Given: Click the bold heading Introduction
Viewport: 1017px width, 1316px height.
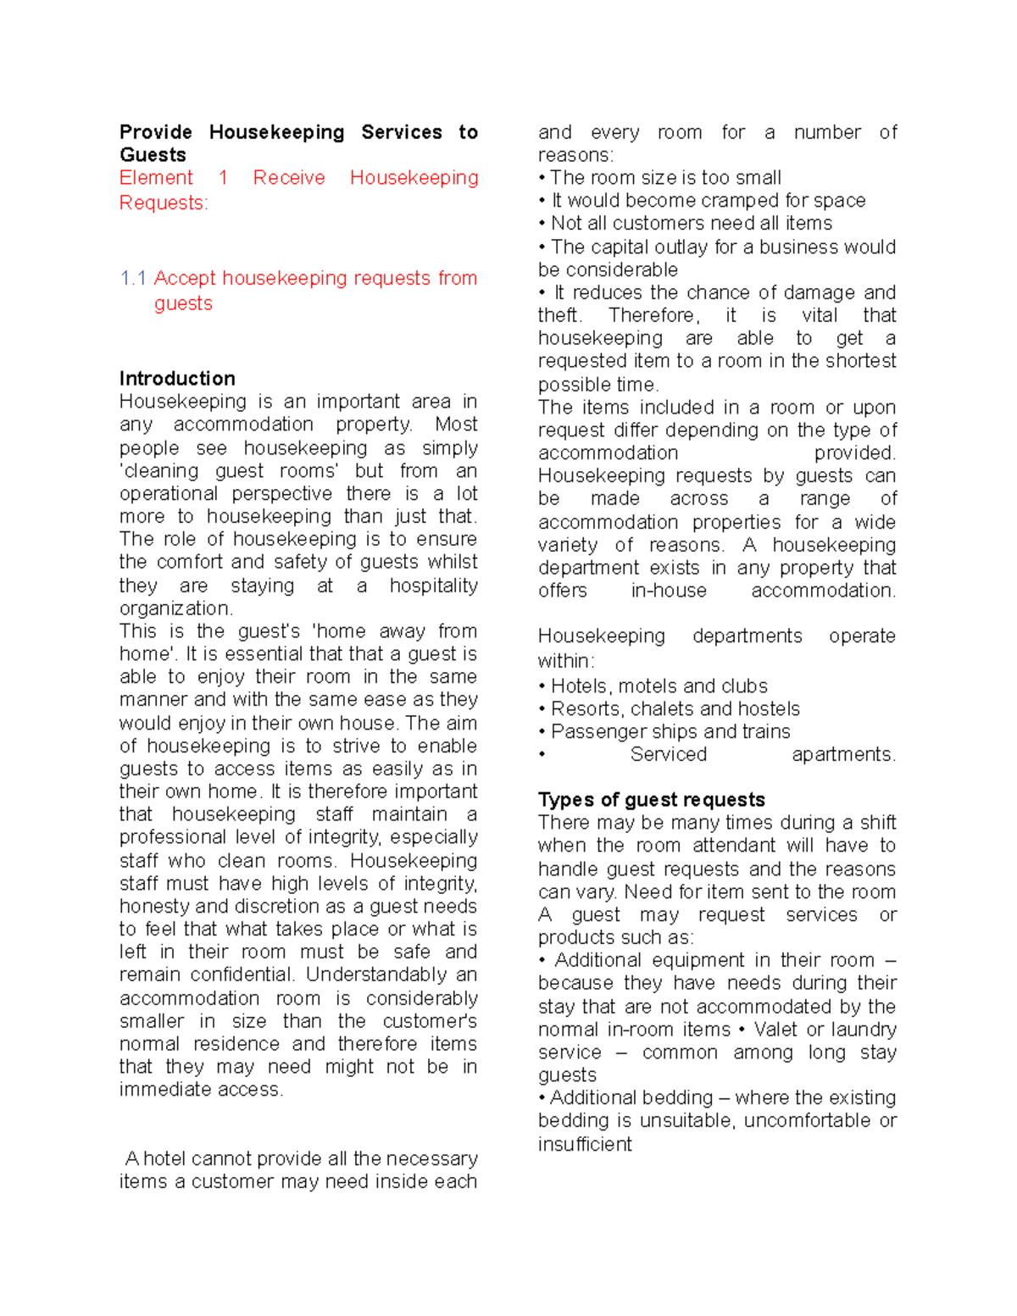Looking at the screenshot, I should (x=177, y=379).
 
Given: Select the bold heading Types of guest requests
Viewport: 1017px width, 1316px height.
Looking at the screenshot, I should (x=651, y=800).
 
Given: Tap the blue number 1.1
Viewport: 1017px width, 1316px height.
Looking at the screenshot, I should (x=133, y=279).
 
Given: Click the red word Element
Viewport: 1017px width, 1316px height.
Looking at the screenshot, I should (x=156, y=178).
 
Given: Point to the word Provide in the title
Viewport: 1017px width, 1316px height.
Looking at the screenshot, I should (x=155, y=133).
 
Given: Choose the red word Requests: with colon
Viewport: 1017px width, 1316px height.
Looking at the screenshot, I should (x=164, y=203).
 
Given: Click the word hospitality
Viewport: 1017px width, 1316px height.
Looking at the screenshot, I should (x=433, y=586).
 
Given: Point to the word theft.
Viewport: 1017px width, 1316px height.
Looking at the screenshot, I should (x=559, y=315).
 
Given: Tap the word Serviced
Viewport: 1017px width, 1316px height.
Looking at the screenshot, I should (x=668, y=755).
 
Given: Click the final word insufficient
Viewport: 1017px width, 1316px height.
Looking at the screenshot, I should (x=585, y=1145).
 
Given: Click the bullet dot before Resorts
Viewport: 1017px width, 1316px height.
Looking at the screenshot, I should (x=542, y=710).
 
